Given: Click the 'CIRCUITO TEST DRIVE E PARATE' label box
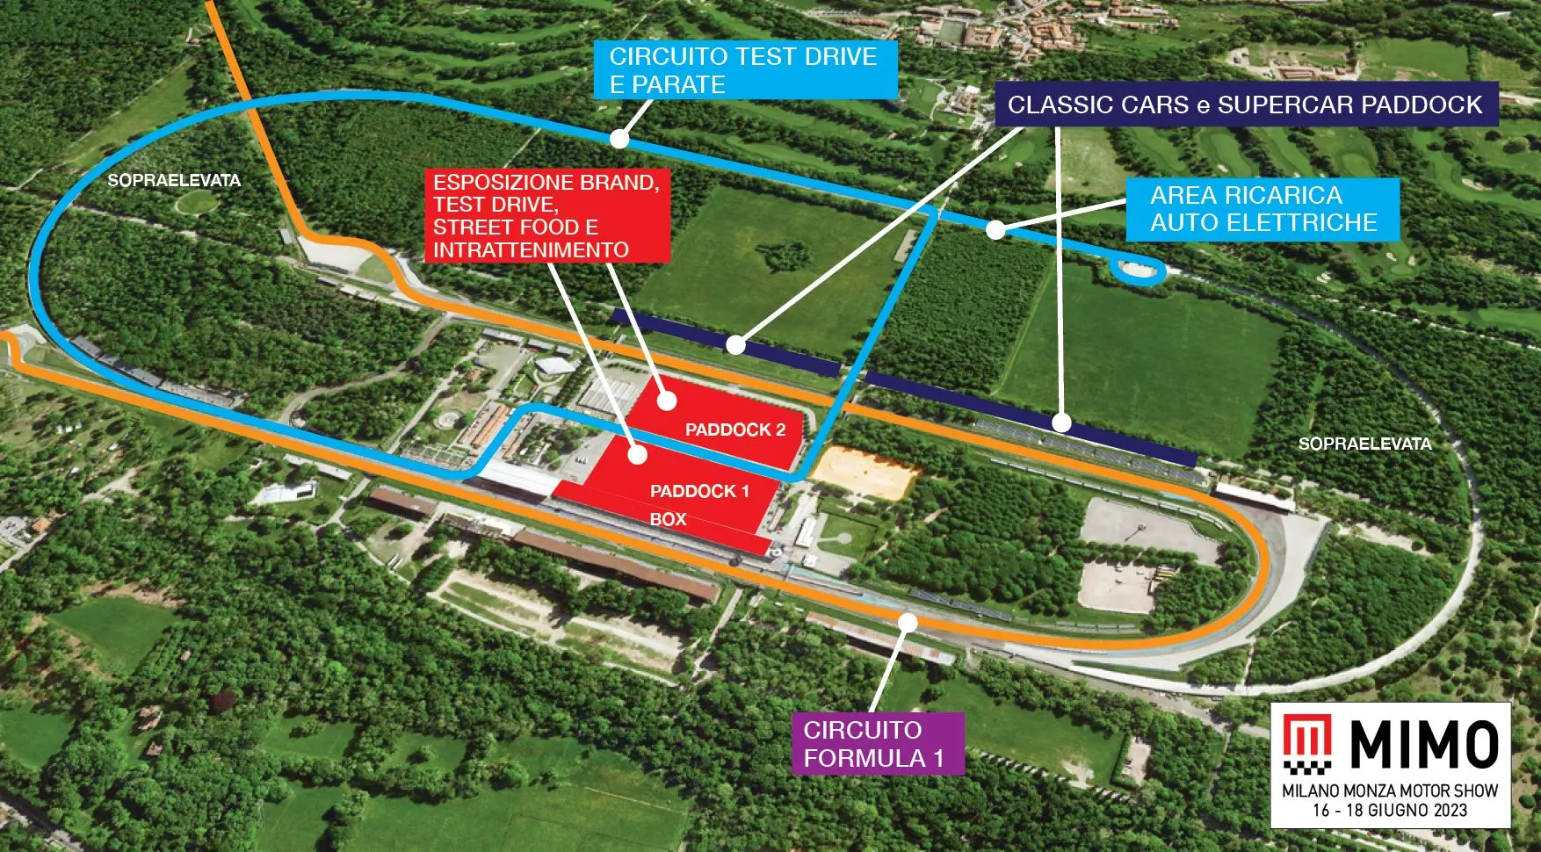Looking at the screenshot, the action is point(744,70).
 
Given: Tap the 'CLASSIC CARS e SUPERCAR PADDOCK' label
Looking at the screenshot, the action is point(1245,105).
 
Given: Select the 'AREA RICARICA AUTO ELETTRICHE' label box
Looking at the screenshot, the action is point(1262,209).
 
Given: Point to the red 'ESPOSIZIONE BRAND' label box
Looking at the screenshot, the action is point(546,216).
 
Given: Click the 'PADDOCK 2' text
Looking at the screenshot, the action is point(735,430).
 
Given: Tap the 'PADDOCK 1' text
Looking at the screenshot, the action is point(699,492).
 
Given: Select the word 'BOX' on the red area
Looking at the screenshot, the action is point(668,520).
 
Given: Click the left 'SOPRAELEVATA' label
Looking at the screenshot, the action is point(174,181).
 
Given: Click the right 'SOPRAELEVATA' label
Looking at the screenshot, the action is point(1364,444).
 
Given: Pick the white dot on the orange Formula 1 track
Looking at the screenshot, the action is point(908,623).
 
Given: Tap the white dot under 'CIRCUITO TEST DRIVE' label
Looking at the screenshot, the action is point(619,139).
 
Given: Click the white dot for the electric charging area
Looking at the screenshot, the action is point(995,230).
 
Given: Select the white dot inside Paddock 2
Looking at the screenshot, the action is point(667,401).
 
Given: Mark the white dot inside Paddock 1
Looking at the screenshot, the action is point(638,454).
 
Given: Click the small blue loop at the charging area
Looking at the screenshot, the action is point(1138,271).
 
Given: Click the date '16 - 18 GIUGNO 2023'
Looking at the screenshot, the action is point(1390,811).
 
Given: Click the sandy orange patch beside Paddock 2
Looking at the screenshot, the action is point(865,472).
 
